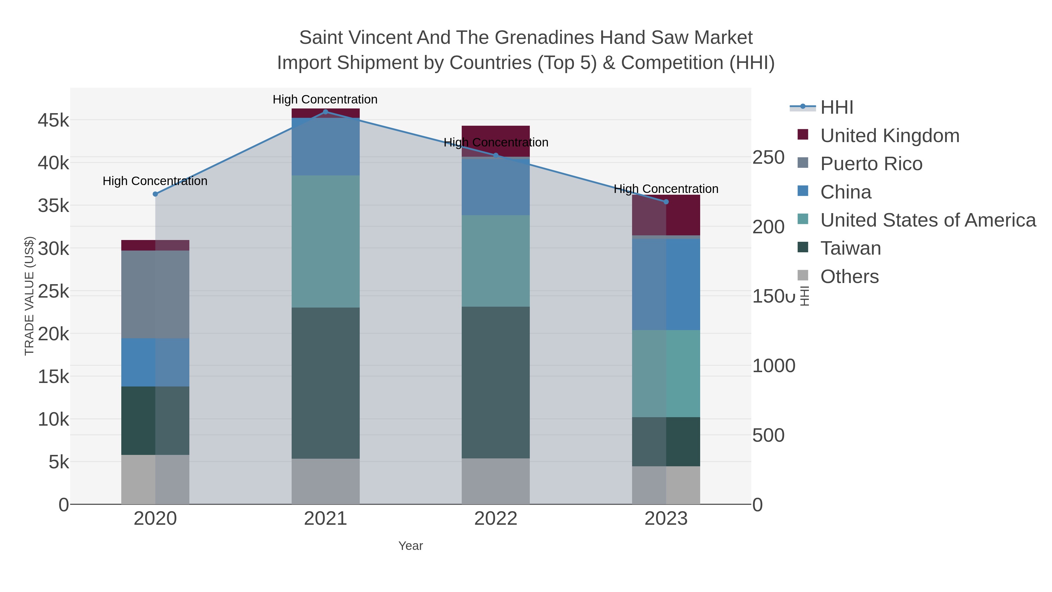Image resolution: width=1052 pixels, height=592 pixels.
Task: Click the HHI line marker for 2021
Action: pyautogui.click(x=326, y=112)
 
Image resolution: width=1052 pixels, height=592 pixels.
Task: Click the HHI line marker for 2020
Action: pyautogui.click(x=155, y=194)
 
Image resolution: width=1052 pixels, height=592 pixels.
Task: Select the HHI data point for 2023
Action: pyautogui.click(x=666, y=202)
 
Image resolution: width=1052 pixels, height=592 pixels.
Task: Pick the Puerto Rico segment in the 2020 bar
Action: pyautogui.click(x=155, y=294)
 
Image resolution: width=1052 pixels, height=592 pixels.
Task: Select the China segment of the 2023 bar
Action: pyautogui.click(x=666, y=284)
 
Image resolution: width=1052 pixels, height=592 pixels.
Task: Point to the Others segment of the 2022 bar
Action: pyautogui.click(x=496, y=481)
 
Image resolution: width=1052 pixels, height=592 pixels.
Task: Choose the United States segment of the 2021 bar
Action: pyautogui.click(x=326, y=241)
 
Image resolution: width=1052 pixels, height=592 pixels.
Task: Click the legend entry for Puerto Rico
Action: pyautogui.click(x=871, y=164)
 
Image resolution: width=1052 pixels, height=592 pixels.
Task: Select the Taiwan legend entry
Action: pyautogui.click(x=850, y=248)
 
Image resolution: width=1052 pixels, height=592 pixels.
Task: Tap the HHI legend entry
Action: pyautogui.click(x=836, y=108)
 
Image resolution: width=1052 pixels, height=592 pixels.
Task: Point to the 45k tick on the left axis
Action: pyautogui.click(x=53, y=120)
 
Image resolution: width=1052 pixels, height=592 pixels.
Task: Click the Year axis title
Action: pyautogui.click(x=411, y=546)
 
